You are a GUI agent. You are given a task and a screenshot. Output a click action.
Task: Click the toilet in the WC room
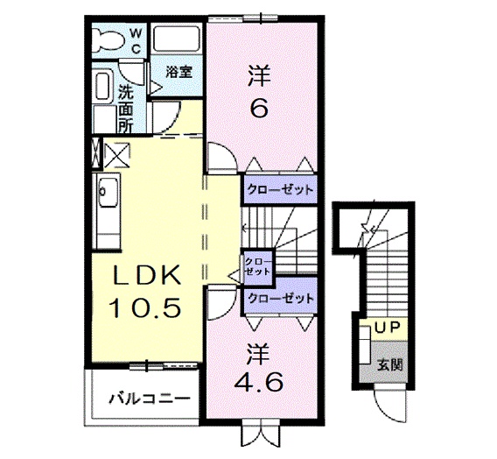click(109, 39)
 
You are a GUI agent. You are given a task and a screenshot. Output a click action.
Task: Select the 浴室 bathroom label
click(178, 73)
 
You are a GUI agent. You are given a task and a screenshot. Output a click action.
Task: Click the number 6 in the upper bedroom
click(259, 109)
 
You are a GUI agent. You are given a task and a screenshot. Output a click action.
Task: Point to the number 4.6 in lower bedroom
click(258, 382)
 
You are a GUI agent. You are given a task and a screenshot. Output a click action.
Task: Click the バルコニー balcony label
click(149, 399)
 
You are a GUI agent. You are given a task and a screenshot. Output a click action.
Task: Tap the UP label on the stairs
click(385, 328)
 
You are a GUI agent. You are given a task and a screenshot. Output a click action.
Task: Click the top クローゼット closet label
click(279, 188)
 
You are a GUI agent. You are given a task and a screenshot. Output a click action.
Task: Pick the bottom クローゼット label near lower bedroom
click(279, 299)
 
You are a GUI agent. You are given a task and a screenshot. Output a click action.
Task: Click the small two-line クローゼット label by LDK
click(257, 265)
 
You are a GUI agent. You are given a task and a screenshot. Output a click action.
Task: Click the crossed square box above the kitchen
click(116, 155)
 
